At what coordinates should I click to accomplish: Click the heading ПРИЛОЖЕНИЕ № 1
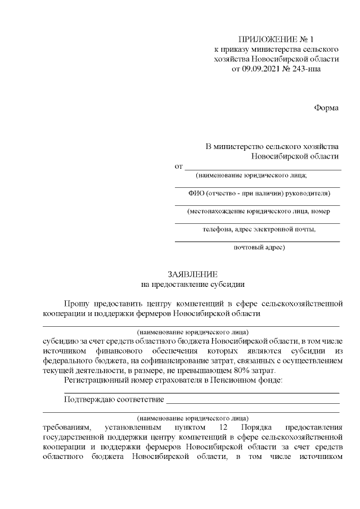(x=276, y=39)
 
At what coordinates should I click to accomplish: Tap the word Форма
(x=326, y=107)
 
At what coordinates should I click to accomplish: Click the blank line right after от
(x=263, y=168)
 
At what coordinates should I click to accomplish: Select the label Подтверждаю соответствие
(x=114, y=400)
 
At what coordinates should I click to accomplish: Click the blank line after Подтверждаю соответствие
(x=253, y=402)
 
